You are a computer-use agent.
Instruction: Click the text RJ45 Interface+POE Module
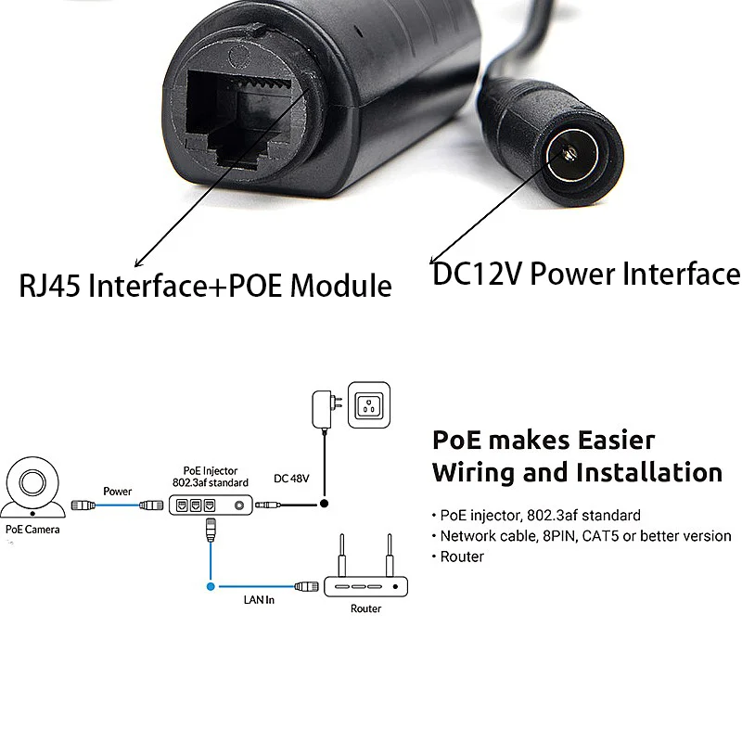point(205,284)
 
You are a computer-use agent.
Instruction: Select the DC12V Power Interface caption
point(586,275)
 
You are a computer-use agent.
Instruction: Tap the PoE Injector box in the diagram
point(211,505)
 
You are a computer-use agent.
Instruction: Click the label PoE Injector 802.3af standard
point(210,477)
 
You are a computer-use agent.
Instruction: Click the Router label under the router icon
point(365,609)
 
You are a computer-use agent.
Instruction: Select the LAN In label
point(259,601)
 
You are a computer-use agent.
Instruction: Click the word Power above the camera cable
point(118,492)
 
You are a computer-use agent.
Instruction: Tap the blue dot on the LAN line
point(211,586)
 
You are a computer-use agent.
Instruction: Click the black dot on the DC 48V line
point(324,505)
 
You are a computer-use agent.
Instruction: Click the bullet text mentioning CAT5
point(584,536)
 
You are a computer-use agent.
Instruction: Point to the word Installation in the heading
point(648,472)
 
